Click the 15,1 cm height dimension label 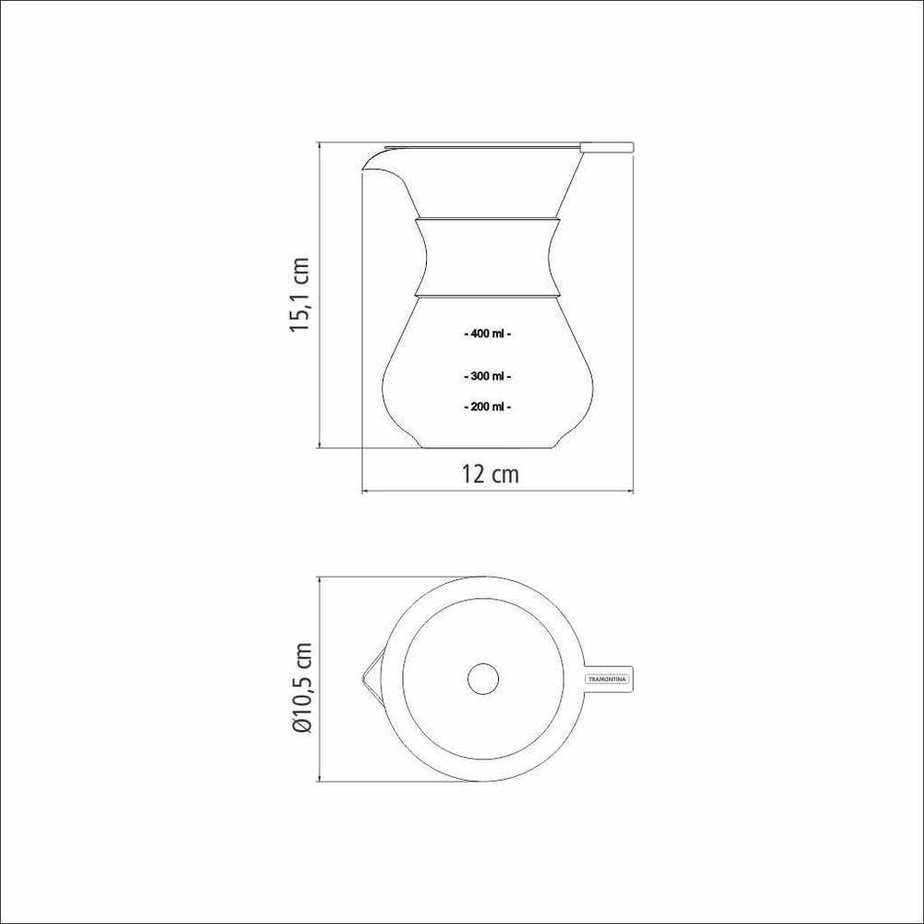coord(299,295)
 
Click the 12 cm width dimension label coord(490,474)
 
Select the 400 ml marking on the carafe coord(487,334)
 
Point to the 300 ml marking coord(487,376)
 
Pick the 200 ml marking coord(487,406)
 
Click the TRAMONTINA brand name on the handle coord(607,679)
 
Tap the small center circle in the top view coord(483,679)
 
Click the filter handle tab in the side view coord(606,145)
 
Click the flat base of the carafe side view coord(487,447)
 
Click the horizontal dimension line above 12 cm coord(496,491)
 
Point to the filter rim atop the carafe coord(480,145)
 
